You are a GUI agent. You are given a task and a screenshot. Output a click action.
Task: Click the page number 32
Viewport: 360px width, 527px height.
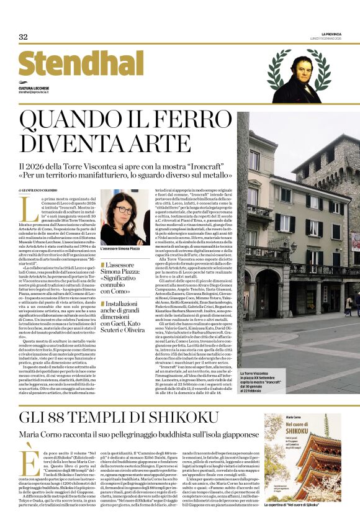coord(24,37)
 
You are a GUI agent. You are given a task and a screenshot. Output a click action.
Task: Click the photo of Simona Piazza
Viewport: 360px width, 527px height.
coord(124,217)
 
